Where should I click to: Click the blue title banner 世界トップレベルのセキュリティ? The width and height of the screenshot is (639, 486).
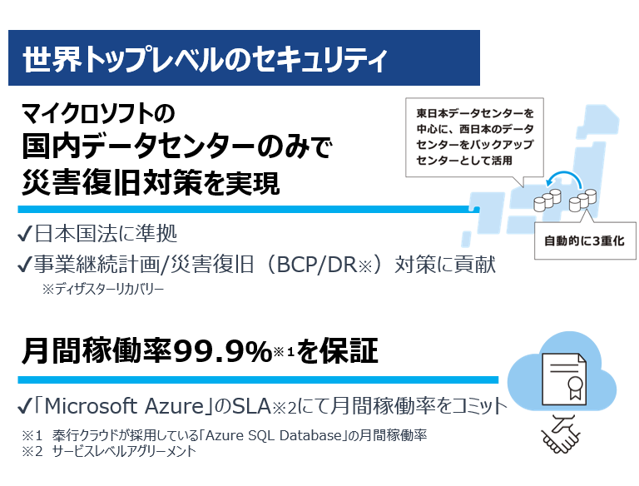[244, 58]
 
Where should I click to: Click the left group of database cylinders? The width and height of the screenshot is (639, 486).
[543, 199]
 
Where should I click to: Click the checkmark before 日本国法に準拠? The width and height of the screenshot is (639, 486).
[25, 232]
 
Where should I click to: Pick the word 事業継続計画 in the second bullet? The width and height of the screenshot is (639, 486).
[83, 265]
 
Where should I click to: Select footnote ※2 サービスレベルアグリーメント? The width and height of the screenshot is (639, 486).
[108, 451]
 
